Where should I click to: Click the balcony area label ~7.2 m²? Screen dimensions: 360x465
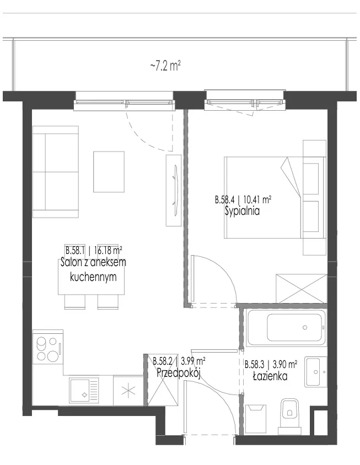pyautogui.click(x=165, y=66)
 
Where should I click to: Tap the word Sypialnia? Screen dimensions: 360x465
pyautogui.click(x=243, y=211)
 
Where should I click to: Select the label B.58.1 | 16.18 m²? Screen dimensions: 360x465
pyautogui.click(x=94, y=251)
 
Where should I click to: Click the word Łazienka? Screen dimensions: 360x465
pyautogui.click(x=270, y=376)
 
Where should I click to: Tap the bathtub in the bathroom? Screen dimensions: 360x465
pyautogui.click(x=286, y=327)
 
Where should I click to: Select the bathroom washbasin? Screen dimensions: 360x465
pyautogui.click(x=316, y=372)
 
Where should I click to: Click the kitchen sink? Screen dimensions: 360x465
pyautogui.click(x=84, y=390)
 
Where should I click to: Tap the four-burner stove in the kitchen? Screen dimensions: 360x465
pyautogui.click(x=48, y=349)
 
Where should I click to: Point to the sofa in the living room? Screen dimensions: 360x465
pyautogui.click(x=56, y=172)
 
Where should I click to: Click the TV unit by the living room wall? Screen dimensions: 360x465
pyautogui.click(x=174, y=191)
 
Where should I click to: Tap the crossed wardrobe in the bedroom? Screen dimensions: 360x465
pyautogui.click(x=301, y=288)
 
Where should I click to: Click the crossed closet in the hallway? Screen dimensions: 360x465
pyautogui.click(x=163, y=380)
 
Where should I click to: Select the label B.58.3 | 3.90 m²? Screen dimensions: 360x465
pyautogui.click(x=271, y=364)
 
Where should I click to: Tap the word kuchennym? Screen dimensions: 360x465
pyautogui.click(x=93, y=277)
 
